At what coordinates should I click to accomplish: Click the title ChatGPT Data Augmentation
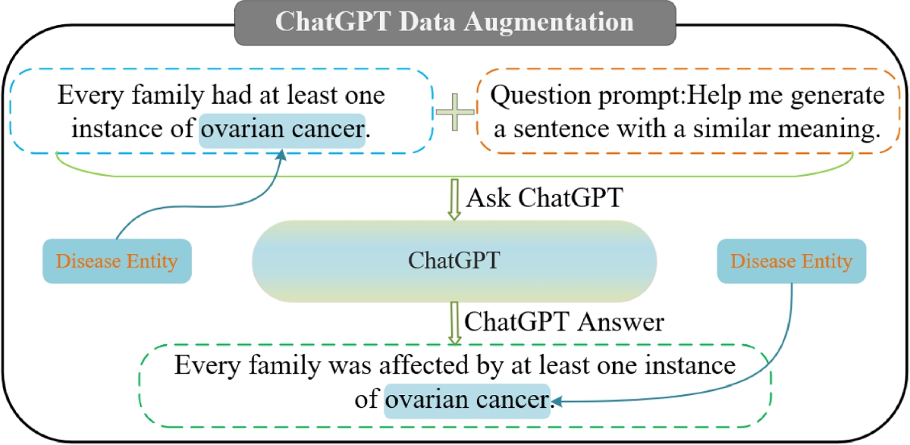pos(454,22)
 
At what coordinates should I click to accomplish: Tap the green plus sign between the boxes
pos(454,112)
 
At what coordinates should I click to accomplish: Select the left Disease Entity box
pos(117,261)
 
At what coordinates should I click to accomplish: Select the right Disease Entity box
pos(792,261)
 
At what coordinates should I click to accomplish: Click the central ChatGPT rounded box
pos(454,261)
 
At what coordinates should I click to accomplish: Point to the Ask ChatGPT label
pos(544,198)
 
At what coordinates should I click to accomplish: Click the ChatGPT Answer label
pos(564,322)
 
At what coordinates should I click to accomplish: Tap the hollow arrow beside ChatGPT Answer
pos(454,324)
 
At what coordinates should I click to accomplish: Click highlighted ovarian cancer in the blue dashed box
pos(282,130)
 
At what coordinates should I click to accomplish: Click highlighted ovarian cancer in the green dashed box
pos(467,401)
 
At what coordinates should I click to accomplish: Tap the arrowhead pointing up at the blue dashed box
pos(281,155)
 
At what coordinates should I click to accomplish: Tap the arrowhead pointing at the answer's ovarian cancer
pos(557,401)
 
